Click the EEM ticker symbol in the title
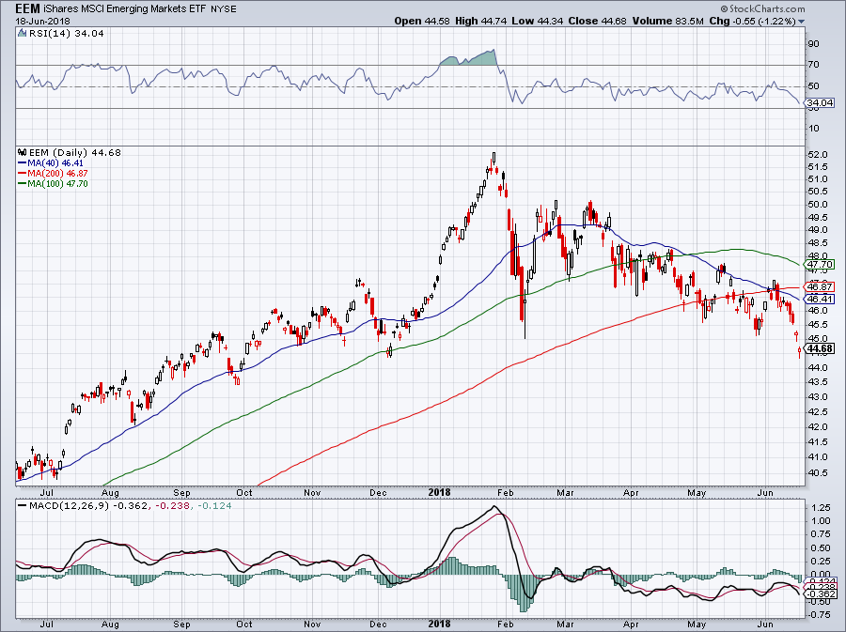28,8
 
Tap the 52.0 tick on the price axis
818,154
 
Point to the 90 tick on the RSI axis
812,43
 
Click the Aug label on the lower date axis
110,623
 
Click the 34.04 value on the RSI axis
820,101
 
